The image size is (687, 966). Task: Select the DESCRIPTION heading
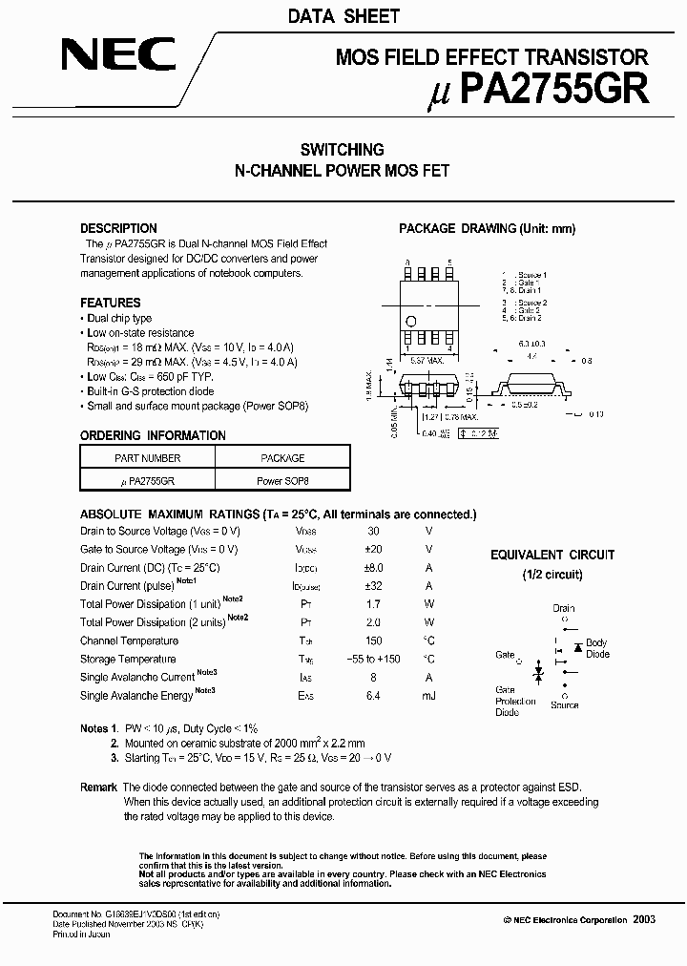point(118,228)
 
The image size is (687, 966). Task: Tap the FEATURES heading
point(111,303)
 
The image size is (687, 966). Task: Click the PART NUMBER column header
point(147,458)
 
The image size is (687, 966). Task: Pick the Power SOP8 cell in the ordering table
point(282,482)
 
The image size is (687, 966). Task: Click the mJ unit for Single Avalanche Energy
point(428,696)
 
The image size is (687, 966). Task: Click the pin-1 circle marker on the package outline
point(411,322)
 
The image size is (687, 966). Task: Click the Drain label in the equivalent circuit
point(564,608)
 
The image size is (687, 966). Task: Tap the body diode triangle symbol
point(577,647)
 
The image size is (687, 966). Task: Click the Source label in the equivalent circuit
point(564,705)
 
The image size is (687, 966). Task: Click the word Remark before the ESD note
point(98,787)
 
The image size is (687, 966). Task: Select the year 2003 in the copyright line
point(643,918)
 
